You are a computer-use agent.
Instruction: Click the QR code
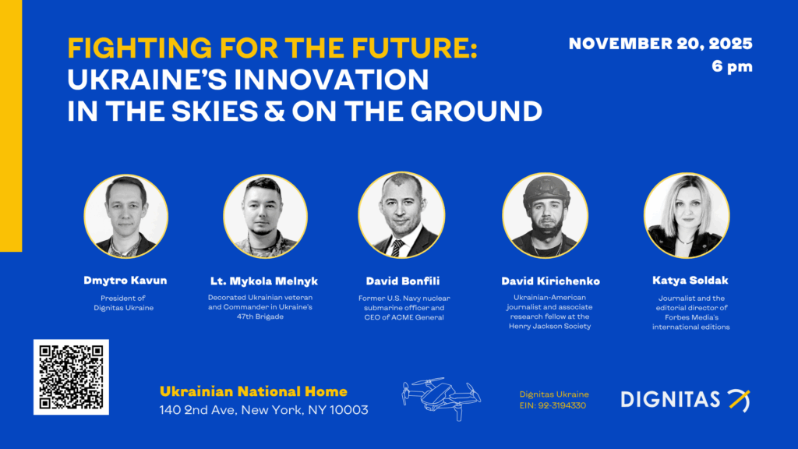tap(71, 377)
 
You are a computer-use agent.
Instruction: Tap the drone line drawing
tap(441, 398)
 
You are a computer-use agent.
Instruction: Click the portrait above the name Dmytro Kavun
tap(125, 217)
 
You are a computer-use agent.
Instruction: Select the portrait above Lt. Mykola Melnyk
tap(265, 217)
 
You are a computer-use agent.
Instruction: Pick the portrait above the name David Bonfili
tap(401, 215)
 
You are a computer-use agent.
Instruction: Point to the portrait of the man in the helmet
tap(545, 215)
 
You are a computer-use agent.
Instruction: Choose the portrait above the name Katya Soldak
tap(687, 215)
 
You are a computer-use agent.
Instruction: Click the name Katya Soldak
tap(690, 280)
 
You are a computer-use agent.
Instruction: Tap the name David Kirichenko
tap(550, 281)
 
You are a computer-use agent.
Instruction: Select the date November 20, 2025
tap(660, 44)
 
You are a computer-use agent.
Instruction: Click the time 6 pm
tap(732, 66)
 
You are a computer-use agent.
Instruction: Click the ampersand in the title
tap(274, 111)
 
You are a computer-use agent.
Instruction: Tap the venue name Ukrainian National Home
tap(253, 391)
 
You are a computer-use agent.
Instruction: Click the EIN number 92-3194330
tap(562, 405)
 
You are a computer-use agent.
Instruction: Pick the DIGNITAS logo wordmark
tap(670, 400)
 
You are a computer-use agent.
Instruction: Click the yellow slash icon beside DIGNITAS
tap(739, 400)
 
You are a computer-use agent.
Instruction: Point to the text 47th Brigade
tap(260, 316)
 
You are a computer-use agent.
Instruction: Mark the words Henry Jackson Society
tap(549, 327)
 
